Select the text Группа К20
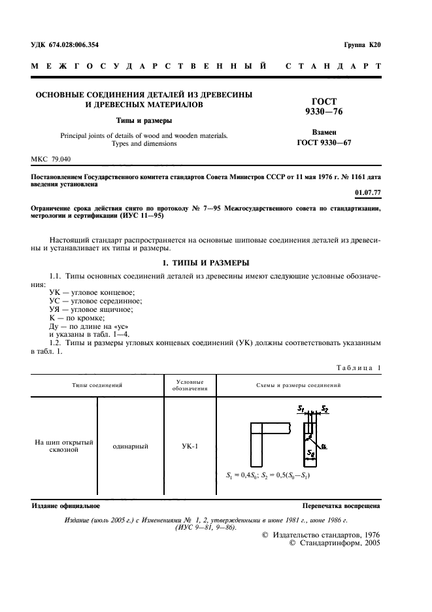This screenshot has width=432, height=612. (x=361, y=44)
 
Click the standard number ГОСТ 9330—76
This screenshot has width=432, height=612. (x=324, y=107)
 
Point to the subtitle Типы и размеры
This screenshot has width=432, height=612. (x=144, y=121)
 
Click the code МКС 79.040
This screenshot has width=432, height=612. (x=51, y=160)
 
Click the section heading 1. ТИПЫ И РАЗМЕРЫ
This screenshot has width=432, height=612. (x=206, y=263)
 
